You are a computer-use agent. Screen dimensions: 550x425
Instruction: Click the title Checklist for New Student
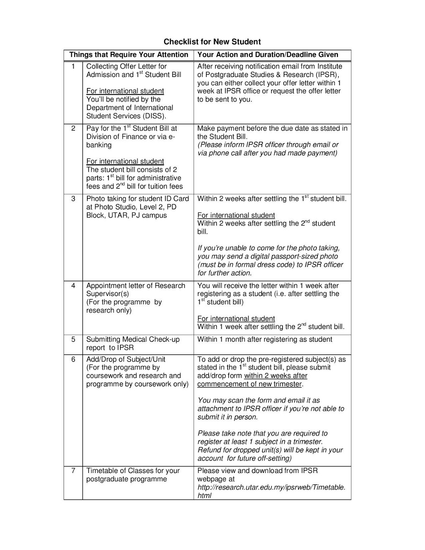212,42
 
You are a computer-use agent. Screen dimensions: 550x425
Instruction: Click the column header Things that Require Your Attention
129,55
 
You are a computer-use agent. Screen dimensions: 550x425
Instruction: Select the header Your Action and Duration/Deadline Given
268,55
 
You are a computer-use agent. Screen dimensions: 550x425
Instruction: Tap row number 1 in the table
73,66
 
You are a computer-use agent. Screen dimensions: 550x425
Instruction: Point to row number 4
73,286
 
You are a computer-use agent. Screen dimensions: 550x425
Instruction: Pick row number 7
73,471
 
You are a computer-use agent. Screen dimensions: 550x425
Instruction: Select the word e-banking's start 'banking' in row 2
99,145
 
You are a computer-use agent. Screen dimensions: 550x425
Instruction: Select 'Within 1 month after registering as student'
264,339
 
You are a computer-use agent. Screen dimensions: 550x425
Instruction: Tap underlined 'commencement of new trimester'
249,384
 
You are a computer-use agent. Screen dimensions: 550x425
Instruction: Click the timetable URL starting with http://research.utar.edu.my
271,487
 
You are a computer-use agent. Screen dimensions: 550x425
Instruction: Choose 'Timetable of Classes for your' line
133,471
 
